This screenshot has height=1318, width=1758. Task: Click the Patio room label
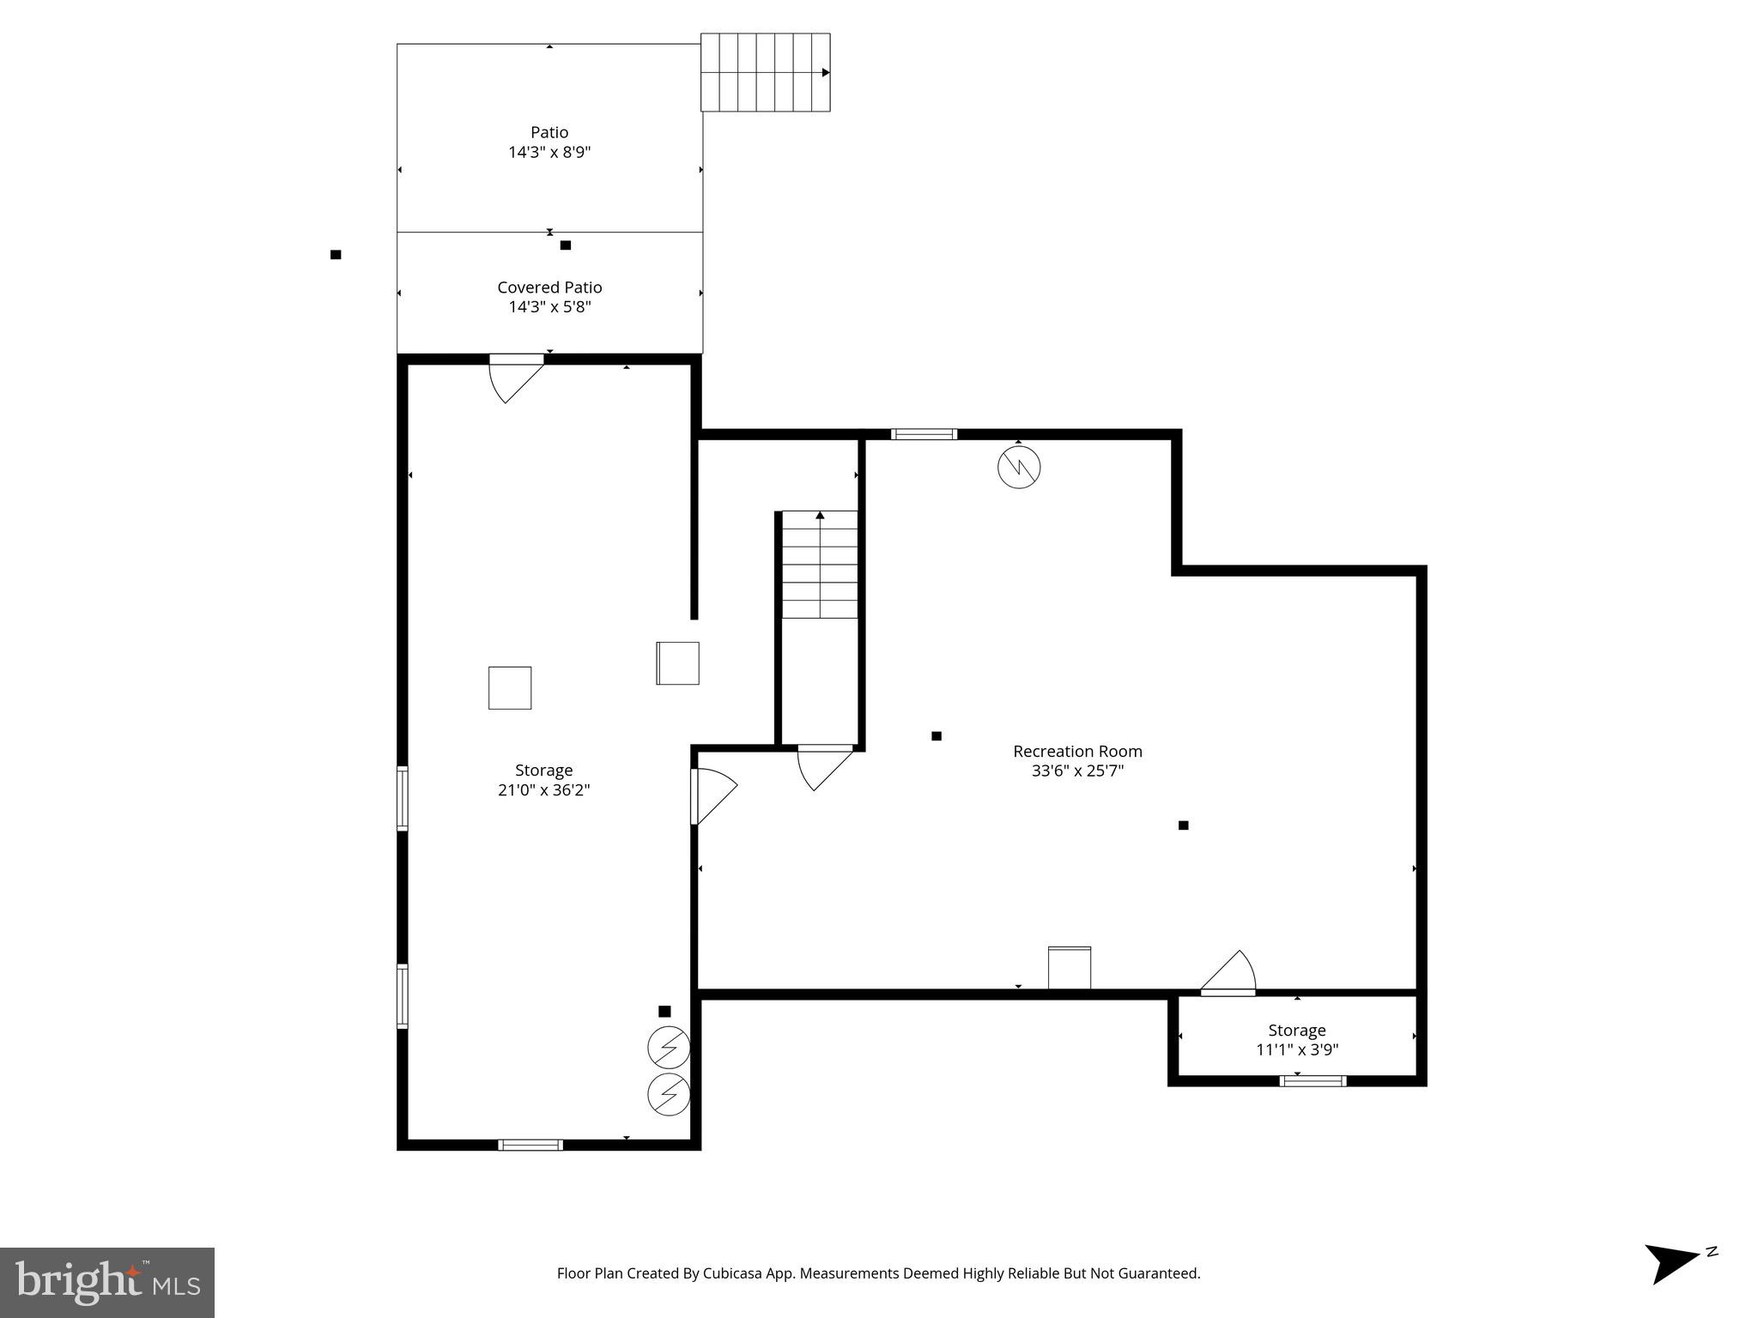pos(549,132)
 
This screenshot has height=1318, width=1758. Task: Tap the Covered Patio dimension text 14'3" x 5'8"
pos(549,307)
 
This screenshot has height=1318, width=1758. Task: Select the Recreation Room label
pos(1077,752)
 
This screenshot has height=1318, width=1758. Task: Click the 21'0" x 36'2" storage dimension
pos(543,790)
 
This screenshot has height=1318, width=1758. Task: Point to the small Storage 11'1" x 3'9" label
pos(1296,1039)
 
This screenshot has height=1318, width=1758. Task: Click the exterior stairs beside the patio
pos(765,72)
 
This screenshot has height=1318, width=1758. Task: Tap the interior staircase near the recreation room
pos(820,565)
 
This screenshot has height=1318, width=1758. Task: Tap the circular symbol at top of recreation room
pos(1019,468)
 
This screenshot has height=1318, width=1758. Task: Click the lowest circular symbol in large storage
pos(669,1094)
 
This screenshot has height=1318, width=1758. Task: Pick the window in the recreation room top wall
pos(924,434)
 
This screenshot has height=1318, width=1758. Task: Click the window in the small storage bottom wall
pos(1312,1081)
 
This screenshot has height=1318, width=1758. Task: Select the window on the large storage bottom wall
pos(530,1145)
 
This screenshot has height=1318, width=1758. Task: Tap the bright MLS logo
pos(107,1282)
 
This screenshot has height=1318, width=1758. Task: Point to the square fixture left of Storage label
pos(510,688)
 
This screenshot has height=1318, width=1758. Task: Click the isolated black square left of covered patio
pos(336,255)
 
